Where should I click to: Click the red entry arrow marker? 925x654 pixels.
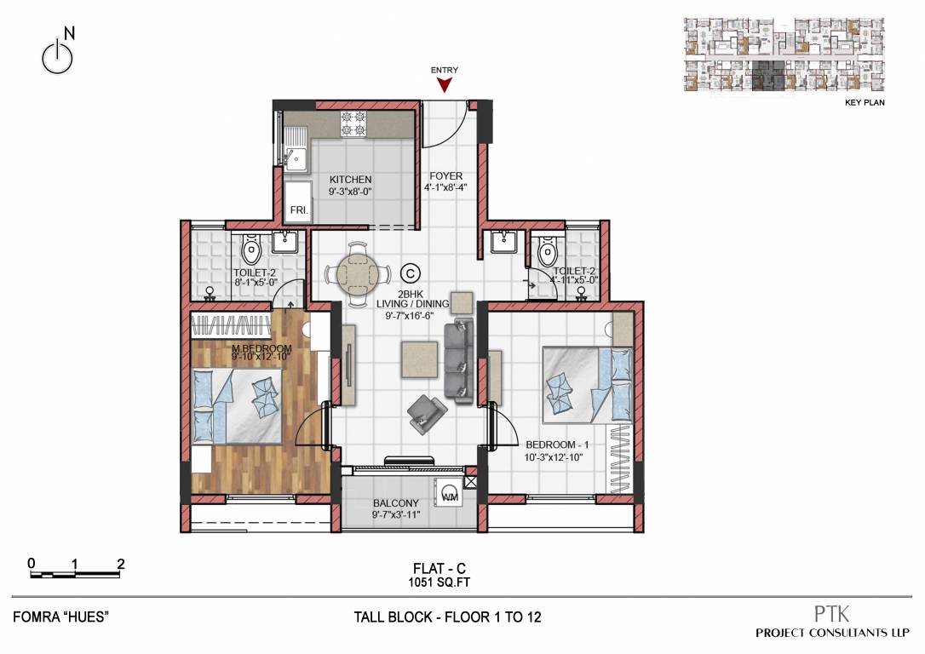pyautogui.click(x=444, y=83)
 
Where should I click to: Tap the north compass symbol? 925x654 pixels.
pyautogui.click(x=56, y=55)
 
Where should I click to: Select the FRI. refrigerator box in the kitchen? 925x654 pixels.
pyautogui.click(x=298, y=209)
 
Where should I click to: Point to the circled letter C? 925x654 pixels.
pyautogui.click(x=411, y=273)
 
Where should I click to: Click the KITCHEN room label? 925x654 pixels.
pyautogui.click(x=351, y=180)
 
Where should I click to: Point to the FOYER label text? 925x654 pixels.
pyautogui.click(x=445, y=176)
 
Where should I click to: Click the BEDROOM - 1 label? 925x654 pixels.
pyautogui.click(x=558, y=445)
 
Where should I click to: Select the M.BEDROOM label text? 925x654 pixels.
pyautogui.click(x=262, y=349)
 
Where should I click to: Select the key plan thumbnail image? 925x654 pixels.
pyautogui.click(x=786, y=54)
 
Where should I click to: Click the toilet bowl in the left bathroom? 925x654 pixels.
pyautogui.click(x=252, y=250)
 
